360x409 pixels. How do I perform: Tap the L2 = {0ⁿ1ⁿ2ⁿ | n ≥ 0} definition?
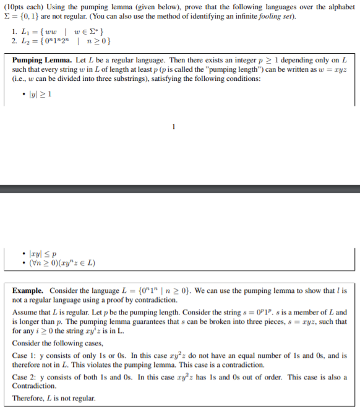click(66, 41)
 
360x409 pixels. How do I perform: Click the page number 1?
click(174, 128)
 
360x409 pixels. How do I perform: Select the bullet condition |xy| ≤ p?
click(42, 253)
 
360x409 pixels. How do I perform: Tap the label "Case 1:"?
click(26, 355)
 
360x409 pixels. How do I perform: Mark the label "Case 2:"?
click(26, 377)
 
